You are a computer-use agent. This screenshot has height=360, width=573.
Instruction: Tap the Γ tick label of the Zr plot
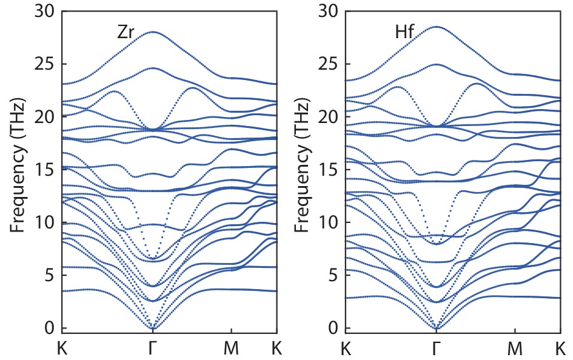click(153, 348)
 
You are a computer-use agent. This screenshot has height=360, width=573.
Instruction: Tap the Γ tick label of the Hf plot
click(436, 348)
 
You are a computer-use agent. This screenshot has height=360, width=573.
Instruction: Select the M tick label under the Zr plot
click(231, 348)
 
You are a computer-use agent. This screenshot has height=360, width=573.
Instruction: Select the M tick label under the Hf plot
click(515, 348)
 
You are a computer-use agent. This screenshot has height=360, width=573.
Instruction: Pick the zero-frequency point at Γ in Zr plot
click(153, 328)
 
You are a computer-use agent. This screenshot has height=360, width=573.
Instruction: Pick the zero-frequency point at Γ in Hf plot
click(436, 328)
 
